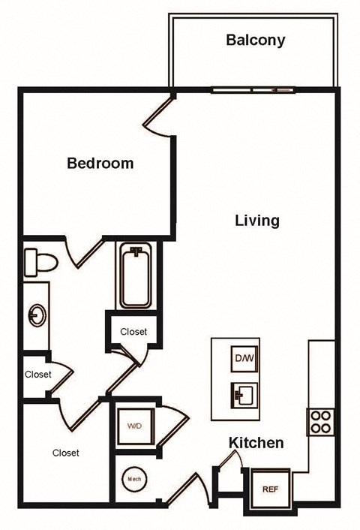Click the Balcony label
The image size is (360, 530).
(256, 40)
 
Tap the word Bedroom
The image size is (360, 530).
(100, 163)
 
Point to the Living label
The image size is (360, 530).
(257, 221)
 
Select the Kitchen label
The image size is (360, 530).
(256, 443)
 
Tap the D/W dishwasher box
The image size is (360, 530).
(243, 359)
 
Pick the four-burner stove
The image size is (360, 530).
(319, 420)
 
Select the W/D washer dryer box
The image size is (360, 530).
(134, 426)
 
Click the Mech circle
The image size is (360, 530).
(134, 478)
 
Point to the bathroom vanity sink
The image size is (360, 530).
(35, 315)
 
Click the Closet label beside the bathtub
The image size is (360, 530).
(133, 331)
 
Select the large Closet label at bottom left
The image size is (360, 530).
(66, 453)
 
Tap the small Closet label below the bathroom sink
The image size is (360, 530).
(37, 374)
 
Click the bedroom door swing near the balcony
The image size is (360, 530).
(160, 116)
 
